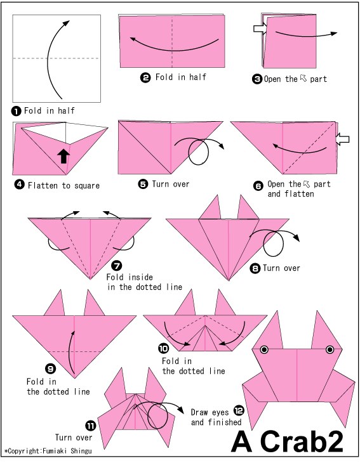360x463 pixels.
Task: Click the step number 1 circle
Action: tap(16, 112)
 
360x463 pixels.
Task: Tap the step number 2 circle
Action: tap(145, 78)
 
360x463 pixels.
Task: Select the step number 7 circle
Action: tap(117, 266)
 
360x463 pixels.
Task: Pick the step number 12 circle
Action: tap(239, 410)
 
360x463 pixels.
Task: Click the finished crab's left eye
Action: tap(264, 349)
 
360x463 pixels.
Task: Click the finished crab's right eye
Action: tap(330, 349)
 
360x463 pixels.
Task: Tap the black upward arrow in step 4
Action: tap(63, 156)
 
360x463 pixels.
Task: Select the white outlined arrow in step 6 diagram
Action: tap(343, 139)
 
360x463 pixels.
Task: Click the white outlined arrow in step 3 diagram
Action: tap(260, 29)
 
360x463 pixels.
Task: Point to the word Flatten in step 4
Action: tap(43, 185)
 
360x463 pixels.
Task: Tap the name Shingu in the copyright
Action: tap(81, 451)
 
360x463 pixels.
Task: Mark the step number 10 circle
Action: tap(163, 348)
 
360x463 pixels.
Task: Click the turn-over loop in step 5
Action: tap(198, 152)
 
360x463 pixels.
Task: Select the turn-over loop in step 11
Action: tap(158, 417)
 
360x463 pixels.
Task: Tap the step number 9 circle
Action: tap(51, 368)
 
